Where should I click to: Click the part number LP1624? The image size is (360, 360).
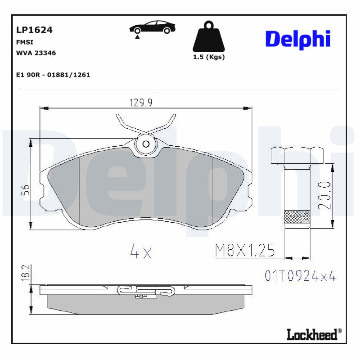pyautogui.click(x=34, y=30)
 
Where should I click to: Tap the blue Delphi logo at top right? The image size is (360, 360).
pyautogui.click(x=298, y=40)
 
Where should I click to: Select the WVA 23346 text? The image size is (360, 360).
pyautogui.click(x=36, y=53)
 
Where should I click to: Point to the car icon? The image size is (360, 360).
pyautogui.click(x=152, y=27)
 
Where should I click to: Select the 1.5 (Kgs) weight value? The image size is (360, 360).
pyautogui.click(x=209, y=57)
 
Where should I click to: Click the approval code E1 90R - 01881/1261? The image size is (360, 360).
pyautogui.click(x=53, y=75)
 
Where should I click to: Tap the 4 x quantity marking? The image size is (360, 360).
pyautogui.click(x=140, y=252)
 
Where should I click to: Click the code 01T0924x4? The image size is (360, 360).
pyautogui.click(x=300, y=276)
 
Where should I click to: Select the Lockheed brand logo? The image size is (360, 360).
pyautogui.click(x=314, y=334)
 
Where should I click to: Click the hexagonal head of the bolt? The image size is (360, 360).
pyautogui.click(x=297, y=155)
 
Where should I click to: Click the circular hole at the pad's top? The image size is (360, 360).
pyautogui.click(x=146, y=144)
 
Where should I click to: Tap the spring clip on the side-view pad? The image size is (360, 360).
pyautogui.click(x=144, y=291)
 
